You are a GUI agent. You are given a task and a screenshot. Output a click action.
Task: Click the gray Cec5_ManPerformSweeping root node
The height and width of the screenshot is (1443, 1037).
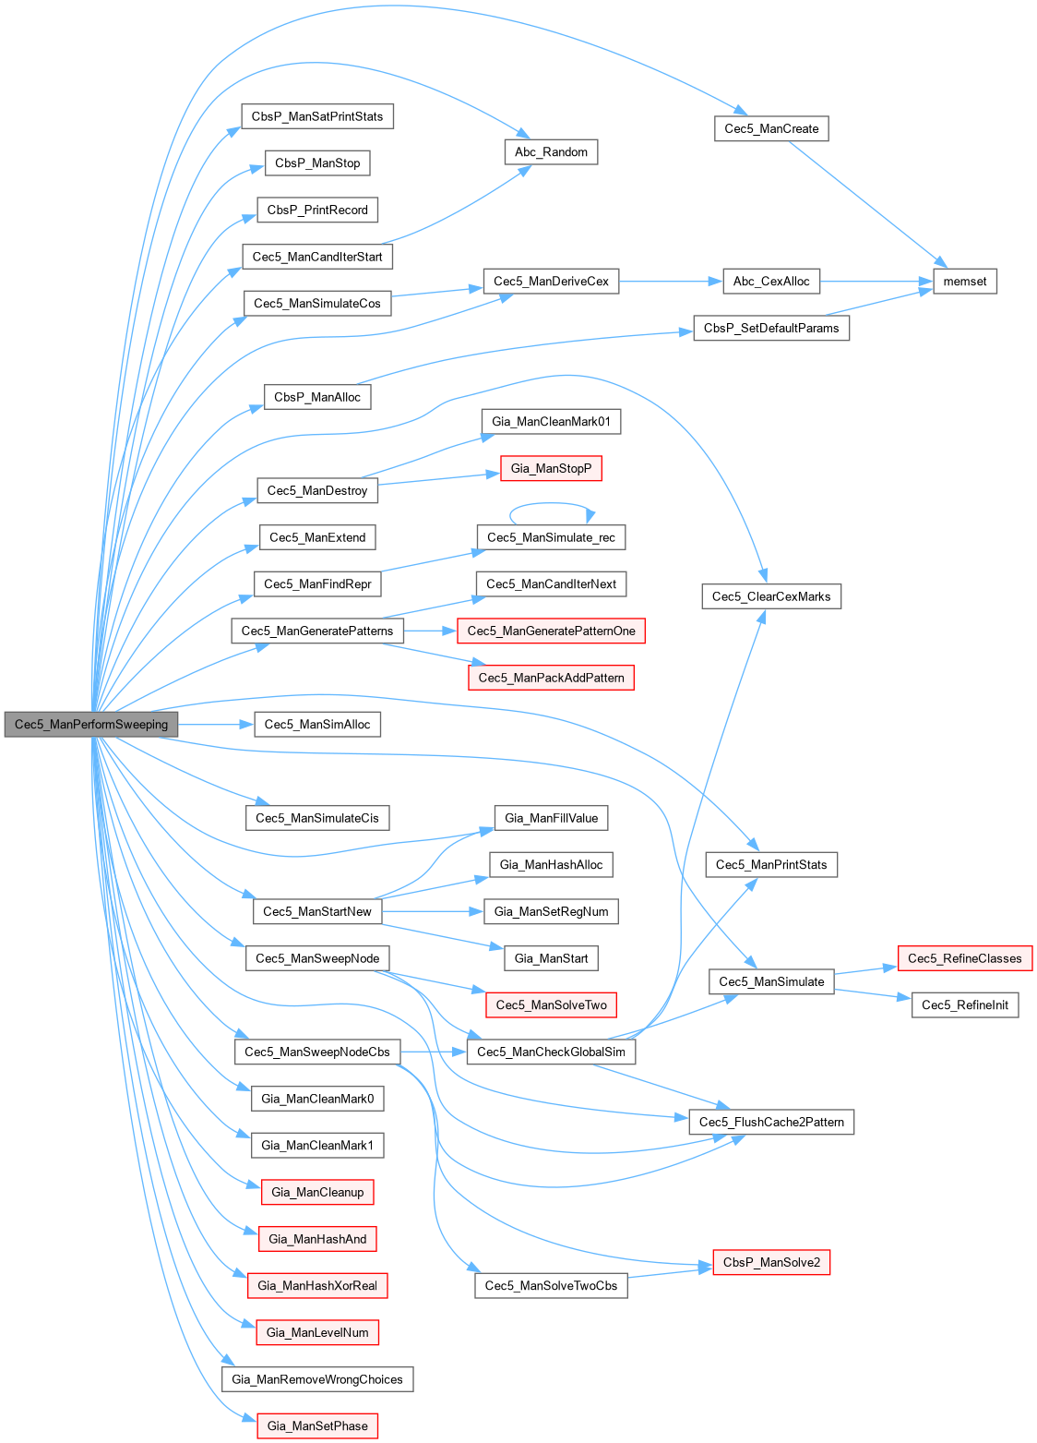click(x=90, y=725)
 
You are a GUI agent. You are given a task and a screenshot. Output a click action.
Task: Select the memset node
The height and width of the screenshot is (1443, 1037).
click(x=965, y=282)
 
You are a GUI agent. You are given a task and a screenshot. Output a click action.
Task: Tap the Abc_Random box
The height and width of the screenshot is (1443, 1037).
click(x=551, y=152)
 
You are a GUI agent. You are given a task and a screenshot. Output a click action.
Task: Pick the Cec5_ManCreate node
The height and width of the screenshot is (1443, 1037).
click(x=771, y=129)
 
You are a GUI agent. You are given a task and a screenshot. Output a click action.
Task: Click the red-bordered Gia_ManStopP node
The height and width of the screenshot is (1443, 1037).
click(x=551, y=469)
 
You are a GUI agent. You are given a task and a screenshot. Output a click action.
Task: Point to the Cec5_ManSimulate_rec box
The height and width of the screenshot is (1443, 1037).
click(x=551, y=537)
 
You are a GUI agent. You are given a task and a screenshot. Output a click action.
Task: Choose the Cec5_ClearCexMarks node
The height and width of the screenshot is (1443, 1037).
click(x=771, y=596)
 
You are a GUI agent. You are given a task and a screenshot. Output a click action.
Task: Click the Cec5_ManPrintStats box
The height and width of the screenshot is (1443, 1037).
click(x=771, y=865)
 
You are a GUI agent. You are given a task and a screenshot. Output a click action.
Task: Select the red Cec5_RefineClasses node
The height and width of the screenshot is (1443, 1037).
click(x=964, y=958)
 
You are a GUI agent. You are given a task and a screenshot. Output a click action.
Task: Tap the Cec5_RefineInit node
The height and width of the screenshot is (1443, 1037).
click(x=964, y=1005)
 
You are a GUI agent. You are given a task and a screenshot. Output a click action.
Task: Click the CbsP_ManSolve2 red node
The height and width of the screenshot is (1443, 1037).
click(x=771, y=1263)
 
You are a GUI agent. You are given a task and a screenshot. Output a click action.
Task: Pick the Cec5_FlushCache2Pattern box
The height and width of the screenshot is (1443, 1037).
click(x=771, y=1123)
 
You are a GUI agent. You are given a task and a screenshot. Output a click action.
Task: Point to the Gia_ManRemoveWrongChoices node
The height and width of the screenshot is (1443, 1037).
click(x=317, y=1379)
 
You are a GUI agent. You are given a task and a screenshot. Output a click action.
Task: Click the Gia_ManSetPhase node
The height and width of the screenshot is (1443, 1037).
click(x=317, y=1426)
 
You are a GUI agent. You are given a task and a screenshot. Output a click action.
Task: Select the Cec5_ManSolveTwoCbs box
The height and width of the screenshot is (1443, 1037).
click(x=551, y=1286)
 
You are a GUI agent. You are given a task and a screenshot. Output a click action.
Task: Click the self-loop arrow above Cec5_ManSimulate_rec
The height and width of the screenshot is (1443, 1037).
click(x=551, y=503)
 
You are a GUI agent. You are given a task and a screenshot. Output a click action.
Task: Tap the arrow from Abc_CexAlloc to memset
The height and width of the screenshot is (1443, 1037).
click(x=876, y=282)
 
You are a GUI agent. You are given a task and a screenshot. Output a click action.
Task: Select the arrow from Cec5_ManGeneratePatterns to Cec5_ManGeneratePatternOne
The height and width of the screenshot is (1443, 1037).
click(x=430, y=631)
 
